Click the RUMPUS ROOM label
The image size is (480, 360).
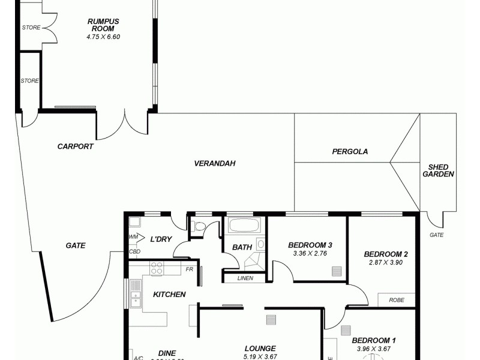click(x=103, y=25)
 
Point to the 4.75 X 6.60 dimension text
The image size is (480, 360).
click(x=103, y=37)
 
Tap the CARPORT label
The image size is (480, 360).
click(x=75, y=146)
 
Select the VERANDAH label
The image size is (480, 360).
click(x=214, y=163)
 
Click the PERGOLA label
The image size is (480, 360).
click(x=350, y=152)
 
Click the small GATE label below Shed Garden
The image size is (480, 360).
click(x=436, y=235)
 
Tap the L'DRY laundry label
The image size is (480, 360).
click(x=161, y=239)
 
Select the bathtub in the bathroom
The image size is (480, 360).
click(x=244, y=226)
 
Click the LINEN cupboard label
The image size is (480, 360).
click(x=245, y=278)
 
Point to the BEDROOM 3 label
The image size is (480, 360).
click(x=310, y=245)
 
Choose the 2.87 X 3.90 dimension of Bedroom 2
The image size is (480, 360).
click(x=386, y=263)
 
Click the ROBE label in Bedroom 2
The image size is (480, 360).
click(x=396, y=299)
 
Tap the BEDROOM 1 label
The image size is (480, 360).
click(x=373, y=340)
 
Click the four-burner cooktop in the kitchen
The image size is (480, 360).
click(x=157, y=268)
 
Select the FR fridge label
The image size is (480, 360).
click(x=189, y=269)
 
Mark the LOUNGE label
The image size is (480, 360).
click(x=260, y=349)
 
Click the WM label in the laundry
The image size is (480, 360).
click(x=133, y=238)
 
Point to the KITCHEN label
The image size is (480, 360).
click(x=169, y=295)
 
